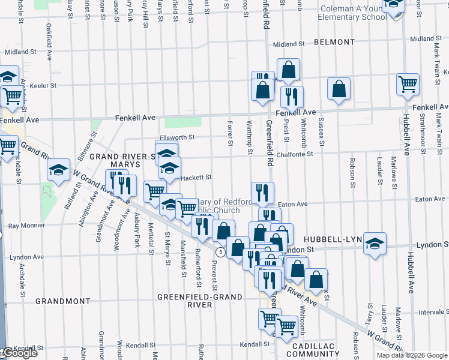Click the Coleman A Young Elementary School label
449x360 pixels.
353,13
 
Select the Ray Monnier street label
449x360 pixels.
27,227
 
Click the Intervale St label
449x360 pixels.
432,312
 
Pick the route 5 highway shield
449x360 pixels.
221,252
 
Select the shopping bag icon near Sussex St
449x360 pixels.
339,88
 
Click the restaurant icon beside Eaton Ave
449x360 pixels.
262,192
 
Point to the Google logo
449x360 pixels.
19,353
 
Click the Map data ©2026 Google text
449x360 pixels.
411,355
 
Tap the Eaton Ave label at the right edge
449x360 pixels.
430,199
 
